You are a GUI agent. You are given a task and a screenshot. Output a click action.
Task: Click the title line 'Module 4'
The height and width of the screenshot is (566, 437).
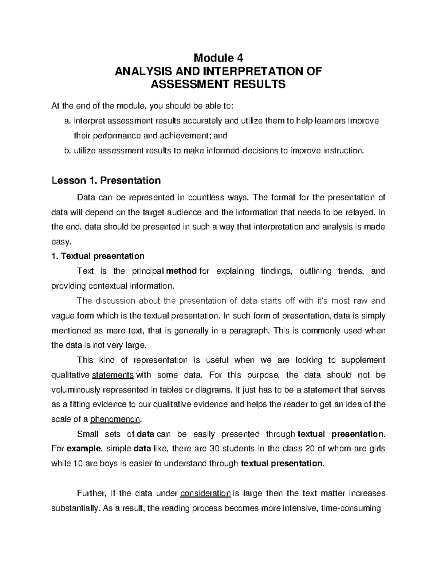point(218,58)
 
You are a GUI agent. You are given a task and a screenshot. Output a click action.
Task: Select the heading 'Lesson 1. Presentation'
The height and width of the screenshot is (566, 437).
point(106,180)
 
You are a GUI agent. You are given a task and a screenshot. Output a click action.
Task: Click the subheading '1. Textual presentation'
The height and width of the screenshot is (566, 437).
point(98,256)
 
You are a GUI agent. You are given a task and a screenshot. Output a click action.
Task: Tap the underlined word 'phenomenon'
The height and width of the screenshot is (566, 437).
point(115,419)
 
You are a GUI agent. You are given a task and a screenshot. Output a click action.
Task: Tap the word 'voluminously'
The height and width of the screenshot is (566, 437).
point(75,390)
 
